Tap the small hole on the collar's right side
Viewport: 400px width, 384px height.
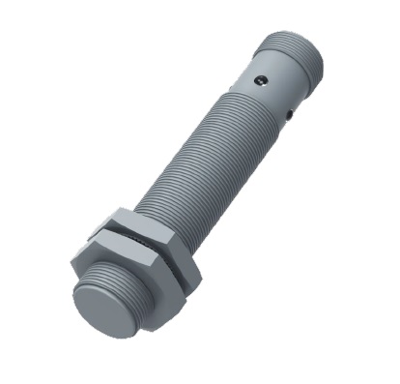(x=291, y=115)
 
